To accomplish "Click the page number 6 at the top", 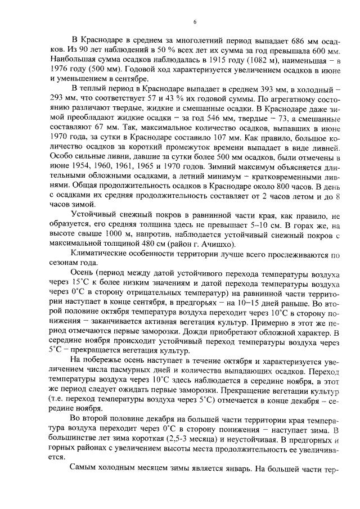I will click(x=195, y=22).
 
